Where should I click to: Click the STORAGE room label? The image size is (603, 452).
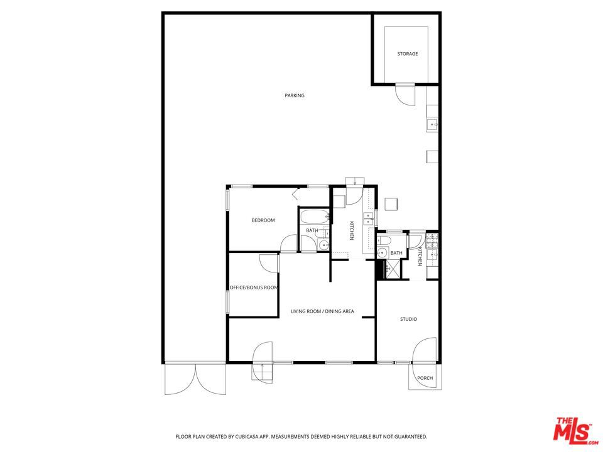(x=407, y=54)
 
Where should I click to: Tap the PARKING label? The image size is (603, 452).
(x=294, y=95)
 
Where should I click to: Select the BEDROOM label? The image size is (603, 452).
(x=263, y=220)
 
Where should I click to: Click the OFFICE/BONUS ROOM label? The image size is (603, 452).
(x=253, y=288)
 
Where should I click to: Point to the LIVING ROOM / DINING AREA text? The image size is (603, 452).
(x=322, y=311)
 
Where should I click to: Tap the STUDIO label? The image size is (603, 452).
(x=408, y=320)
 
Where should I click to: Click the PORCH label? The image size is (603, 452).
(x=425, y=379)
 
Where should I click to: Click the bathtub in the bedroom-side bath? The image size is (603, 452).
(x=314, y=218)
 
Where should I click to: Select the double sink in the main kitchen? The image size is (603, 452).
(x=368, y=219)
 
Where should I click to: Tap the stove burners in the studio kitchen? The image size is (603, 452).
(x=431, y=240)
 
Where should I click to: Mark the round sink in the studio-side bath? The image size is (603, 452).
(x=382, y=253)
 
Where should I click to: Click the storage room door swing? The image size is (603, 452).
(x=405, y=94)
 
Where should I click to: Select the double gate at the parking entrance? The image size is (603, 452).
(x=195, y=379)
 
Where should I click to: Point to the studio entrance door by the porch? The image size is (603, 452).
(x=425, y=352)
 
